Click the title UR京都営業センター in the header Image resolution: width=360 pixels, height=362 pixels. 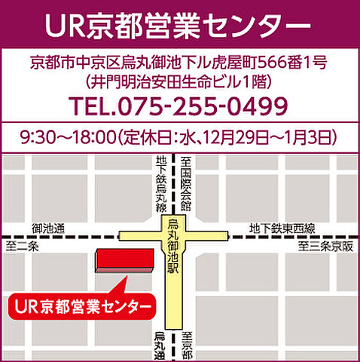pos(179,25)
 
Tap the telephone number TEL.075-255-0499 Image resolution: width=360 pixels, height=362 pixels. pos(179,106)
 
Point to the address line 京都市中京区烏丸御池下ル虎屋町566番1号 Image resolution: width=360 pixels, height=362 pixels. pos(179,60)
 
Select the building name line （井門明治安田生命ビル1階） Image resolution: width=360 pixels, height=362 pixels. pos(179,79)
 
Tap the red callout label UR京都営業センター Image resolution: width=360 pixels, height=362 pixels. pos(81,307)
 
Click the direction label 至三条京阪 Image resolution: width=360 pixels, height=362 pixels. pos(324,246)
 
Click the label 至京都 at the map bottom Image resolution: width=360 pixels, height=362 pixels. pos(187,345)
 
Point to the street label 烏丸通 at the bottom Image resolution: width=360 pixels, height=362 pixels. pos(160,346)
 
